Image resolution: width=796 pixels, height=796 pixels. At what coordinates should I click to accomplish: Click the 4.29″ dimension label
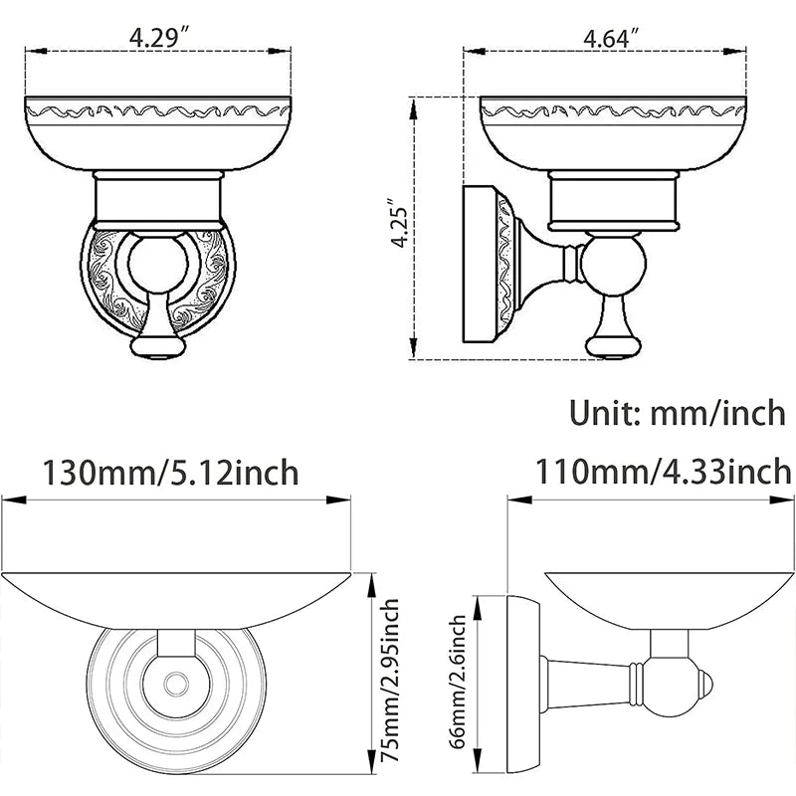(159, 37)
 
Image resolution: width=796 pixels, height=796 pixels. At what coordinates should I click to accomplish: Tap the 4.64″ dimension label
(610, 37)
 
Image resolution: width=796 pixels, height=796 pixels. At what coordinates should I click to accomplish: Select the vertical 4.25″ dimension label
(400, 222)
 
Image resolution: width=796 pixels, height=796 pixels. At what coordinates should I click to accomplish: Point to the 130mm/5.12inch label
(170, 473)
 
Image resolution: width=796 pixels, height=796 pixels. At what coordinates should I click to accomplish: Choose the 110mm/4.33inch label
(663, 472)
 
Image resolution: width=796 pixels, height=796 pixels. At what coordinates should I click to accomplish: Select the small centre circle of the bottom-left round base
(176, 683)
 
